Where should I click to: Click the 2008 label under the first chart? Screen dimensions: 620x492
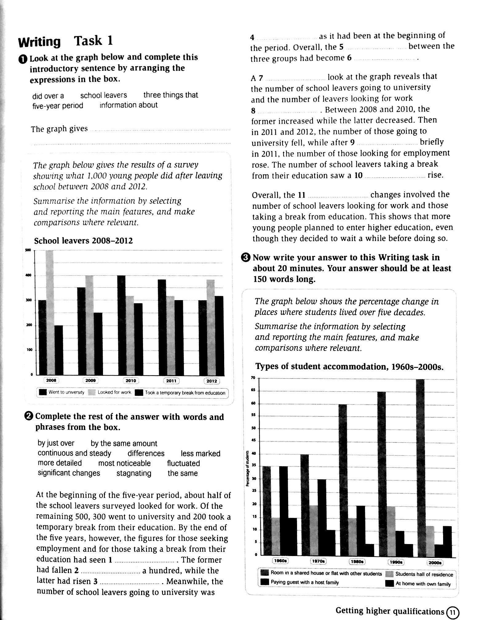click(51, 380)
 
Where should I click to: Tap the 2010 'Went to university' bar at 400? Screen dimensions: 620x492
click(121, 325)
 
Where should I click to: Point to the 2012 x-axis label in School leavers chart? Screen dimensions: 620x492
click(212, 381)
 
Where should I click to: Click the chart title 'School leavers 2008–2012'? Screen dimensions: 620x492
click(83, 241)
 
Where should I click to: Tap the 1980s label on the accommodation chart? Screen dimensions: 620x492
click(357, 562)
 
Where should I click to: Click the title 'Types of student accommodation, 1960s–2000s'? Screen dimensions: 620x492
click(349, 367)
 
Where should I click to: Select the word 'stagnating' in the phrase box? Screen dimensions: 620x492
click(134, 473)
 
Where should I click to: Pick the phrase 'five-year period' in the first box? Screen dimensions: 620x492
click(58, 106)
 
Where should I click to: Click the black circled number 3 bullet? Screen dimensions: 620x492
click(247, 258)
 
